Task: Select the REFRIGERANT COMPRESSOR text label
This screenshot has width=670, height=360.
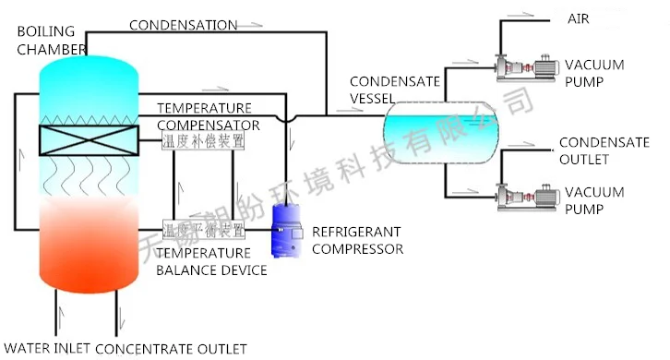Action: (x=357, y=239)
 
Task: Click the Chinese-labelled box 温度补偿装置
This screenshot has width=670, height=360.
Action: (x=203, y=141)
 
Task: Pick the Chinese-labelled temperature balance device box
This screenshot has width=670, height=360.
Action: (x=203, y=229)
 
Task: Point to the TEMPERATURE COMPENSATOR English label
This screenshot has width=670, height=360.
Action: (x=208, y=116)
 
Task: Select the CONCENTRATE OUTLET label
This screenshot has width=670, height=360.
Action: (x=171, y=348)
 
